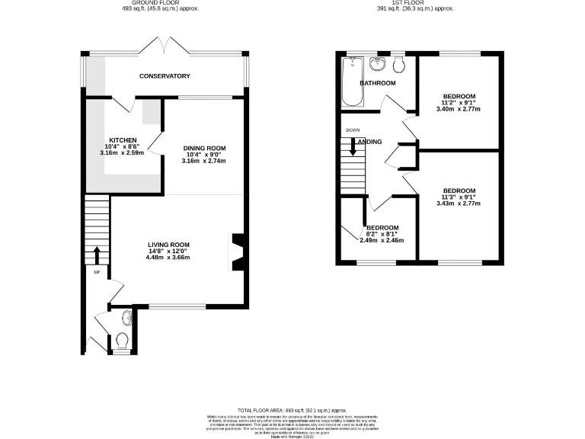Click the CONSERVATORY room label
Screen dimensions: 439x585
click(x=164, y=76)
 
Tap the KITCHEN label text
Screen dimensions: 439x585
click(x=123, y=140)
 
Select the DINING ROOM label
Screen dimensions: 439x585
click(x=204, y=148)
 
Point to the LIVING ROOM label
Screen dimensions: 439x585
click(x=168, y=245)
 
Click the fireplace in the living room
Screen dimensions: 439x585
click(x=237, y=252)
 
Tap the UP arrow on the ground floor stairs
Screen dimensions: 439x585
click(x=96, y=254)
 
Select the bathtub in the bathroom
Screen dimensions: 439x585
click(x=353, y=82)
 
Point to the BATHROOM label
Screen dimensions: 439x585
click(x=378, y=83)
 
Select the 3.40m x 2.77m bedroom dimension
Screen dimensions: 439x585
click(x=459, y=109)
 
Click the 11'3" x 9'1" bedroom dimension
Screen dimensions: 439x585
click(x=459, y=197)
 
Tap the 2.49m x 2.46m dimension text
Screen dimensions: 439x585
click(x=382, y=241)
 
